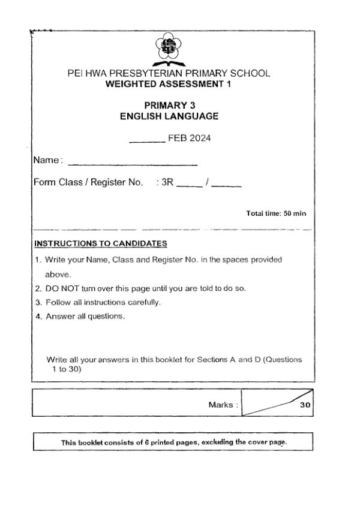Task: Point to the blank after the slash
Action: point(226,186)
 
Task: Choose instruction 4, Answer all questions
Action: point(85,316)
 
